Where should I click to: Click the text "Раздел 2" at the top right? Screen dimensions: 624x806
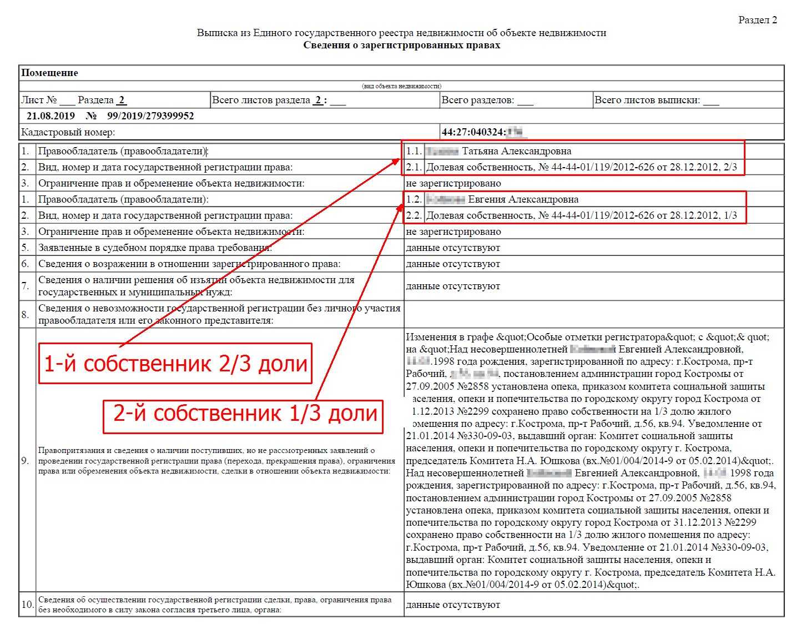coord(757,20)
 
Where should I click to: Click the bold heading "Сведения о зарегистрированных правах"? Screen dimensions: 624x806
coord(401,45)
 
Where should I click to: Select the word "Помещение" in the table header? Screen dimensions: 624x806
coord(49,73)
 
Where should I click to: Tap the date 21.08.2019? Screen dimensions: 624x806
coord(51,115)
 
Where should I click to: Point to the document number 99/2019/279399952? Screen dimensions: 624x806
coord(150,115)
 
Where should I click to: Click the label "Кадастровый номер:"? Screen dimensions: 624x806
coord(68,132)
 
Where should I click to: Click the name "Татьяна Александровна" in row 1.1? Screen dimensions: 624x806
coord(516,151)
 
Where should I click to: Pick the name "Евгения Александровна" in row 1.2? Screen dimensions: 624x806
coord(523,199)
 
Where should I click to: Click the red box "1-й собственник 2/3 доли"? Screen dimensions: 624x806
coord(175,364)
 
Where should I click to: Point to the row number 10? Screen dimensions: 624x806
coord(27,605)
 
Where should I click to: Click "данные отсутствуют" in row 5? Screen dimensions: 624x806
coord(453,248)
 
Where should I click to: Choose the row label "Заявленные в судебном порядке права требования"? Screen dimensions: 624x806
coord(154,248)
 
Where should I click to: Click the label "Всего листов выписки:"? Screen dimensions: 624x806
coord(647,100)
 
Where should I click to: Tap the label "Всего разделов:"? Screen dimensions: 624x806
coord(477,100)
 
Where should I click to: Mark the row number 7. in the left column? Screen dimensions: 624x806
coord(26,286)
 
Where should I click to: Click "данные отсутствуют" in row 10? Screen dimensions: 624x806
coord(453,605)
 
